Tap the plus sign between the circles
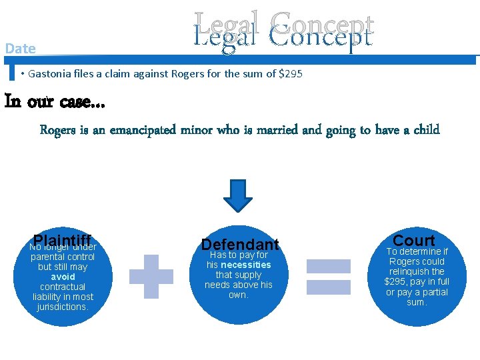coord(151,275)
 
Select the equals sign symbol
coord(328,275)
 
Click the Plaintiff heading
coord(62,241)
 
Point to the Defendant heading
coord(240,245)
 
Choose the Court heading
coord(413,240)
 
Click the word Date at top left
coord(20,48)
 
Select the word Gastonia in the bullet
coord(51,73)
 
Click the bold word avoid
coord(63,277)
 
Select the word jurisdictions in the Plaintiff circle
coord(63,307)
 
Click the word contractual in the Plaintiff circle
coord(63,287)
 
